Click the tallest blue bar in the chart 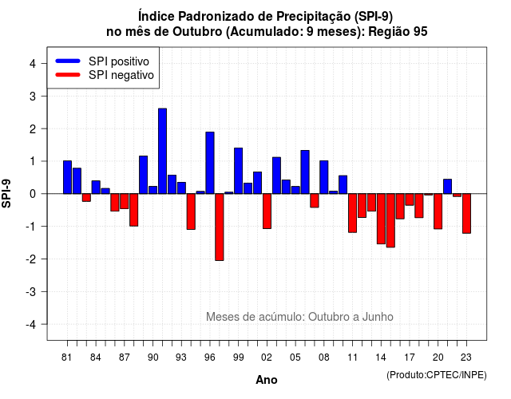pyautogui.click(x=162, y=151)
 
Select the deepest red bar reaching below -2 pyautogui.click(x=220, y=227)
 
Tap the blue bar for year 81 pyautogui.click(x=67, y=177)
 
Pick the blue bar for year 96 pyautogui.click(x=210, y=163)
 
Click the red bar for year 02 pyautogui.click(x=267, y=211)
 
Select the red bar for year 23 pyautogui.click(x=466, y=213)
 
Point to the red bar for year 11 pyautogui.click(x=353, y=213)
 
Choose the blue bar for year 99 pyautogui.click(x=238, y=171)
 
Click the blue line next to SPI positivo pyautogui.click(x=68, y=61)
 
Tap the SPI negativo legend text pyautogui.click(x=121, y=75)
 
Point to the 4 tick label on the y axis pyautogui.click(x=33, y=64)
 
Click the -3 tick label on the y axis pyautogui.click(x=30, y=291)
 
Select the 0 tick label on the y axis pyautogui.click(x=33, y=194)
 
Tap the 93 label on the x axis pyautogui.click(x=181, y=358)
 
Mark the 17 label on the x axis pyautogui.click(x=410, y=358)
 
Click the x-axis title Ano pyautogui.click(x=267, y=380)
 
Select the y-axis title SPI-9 pyautogui.click(x=6, y=193)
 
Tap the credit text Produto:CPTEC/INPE pyautogui.click(x=437, y=375)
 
